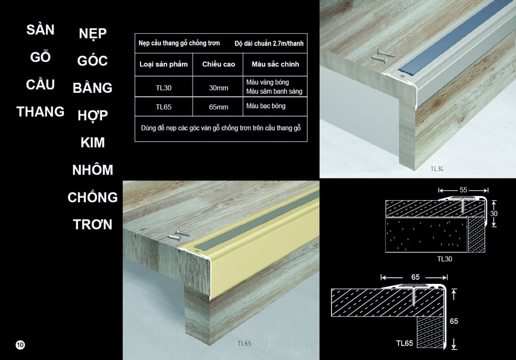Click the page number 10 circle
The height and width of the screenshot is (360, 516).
20,344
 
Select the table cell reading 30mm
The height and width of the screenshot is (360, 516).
218,88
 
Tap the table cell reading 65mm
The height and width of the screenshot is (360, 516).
218,107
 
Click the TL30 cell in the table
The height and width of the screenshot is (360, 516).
164,88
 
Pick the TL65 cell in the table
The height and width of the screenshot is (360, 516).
164,107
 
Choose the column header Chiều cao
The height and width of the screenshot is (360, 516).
219,64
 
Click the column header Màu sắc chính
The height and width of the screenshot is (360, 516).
275,64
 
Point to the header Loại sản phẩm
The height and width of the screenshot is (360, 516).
164,64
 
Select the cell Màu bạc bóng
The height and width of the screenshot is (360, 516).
266,106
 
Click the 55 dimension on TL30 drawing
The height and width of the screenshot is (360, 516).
464,190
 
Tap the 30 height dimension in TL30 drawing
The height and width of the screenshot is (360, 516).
494,213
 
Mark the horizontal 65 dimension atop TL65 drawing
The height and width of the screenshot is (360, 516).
415,277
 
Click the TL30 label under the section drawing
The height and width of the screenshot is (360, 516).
444,259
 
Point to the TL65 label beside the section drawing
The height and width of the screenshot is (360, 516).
405,343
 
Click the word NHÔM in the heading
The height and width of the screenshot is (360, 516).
93,170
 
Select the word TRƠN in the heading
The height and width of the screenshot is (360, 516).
93,225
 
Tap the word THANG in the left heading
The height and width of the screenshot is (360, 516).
40,112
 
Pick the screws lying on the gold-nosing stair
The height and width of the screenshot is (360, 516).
179,235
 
